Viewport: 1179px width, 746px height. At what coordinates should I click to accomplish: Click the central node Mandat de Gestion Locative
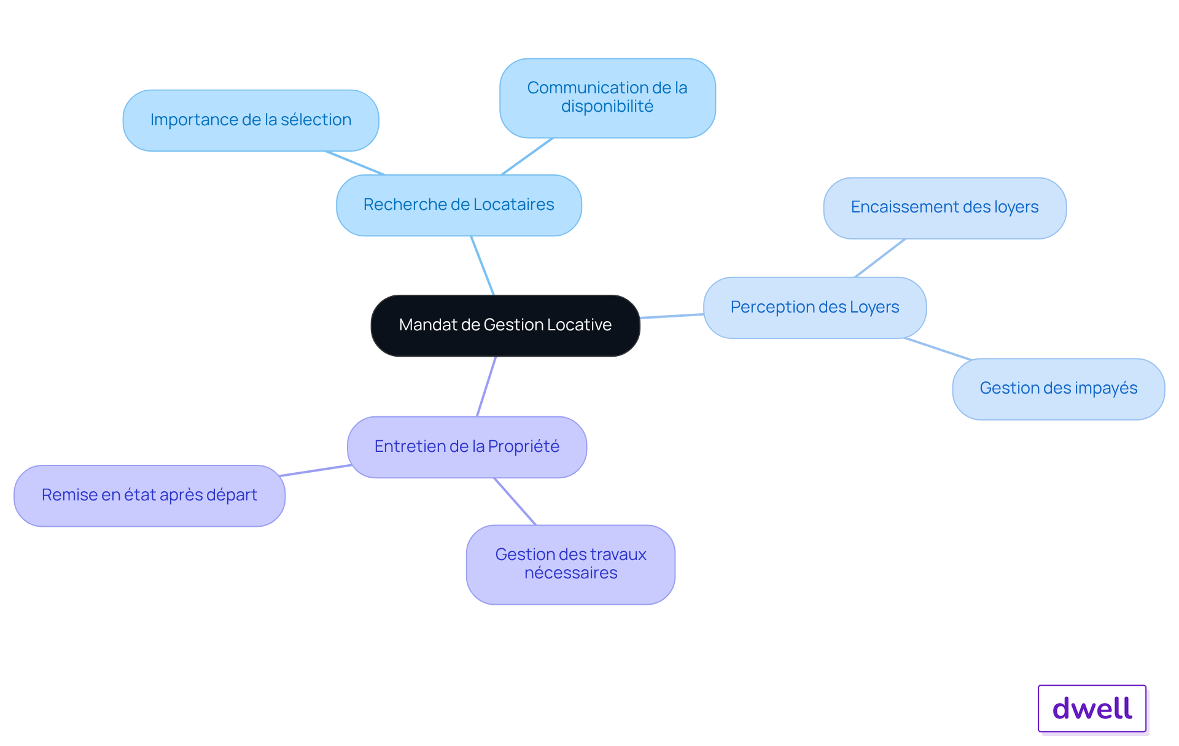pyautogui.click(x=505, y=325)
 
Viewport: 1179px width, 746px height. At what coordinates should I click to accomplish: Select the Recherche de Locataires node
pyautogui.click(x=459, y=205)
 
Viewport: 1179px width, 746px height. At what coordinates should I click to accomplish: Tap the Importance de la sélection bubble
pyautogui.click(x=251, y=120)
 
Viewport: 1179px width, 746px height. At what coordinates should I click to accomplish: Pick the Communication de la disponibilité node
pyautogui.click(x=607, y=98)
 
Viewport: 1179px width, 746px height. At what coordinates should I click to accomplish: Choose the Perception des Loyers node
pyautogui.click(x=815, y=308)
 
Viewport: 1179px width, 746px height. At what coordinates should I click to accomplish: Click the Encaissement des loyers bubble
pyautogui.click(x=944, y=208)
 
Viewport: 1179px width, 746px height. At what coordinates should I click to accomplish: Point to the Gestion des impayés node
pyautogui.click(x=1058, y=389)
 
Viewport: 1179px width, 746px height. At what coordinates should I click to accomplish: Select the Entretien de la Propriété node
pyautogui.click(x=467, y=447)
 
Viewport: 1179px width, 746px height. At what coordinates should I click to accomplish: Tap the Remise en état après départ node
pyautogui.click(x=149, y=495)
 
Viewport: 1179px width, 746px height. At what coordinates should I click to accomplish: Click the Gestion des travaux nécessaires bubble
pyautogui.click(x=570, y=564)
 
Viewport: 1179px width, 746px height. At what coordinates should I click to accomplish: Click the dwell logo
pyautogui.click(x=1092, y=709)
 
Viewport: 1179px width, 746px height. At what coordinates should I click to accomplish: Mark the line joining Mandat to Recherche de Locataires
pyautogui.click(x=483, y=265)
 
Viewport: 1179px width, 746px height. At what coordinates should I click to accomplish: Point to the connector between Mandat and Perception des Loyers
pyautogui.click(x=672, y=316)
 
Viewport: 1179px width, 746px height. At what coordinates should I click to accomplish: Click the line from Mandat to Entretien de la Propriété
pyautogui.click(x=486, y=386)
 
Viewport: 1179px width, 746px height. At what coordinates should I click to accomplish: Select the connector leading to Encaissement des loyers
pyautogui.click(x=880, y=258)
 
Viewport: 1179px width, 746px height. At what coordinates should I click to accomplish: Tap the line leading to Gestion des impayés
pyautogui.click(x=938, y=349)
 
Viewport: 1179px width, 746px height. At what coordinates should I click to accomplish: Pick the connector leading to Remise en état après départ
pyautogui.click(x=316, y=470)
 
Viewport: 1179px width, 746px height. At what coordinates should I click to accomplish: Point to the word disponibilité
pyautogui.click(x=607, y=107)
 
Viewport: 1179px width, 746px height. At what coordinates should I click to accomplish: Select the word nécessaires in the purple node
pyautogui.click(x=571, y=573)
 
